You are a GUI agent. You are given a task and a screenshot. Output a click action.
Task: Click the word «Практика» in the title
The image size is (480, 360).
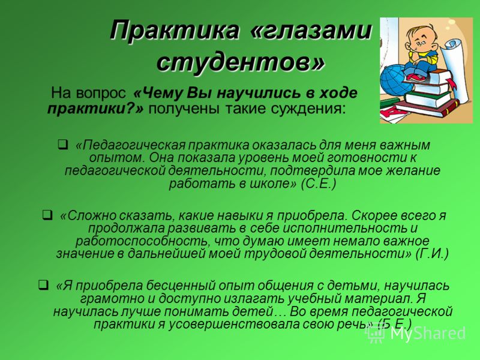click(175, 31)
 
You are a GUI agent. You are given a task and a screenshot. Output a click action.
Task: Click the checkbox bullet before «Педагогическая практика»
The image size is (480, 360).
click(64, 144)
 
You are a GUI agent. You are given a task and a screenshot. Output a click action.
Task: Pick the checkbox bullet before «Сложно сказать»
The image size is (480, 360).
click(47, 215)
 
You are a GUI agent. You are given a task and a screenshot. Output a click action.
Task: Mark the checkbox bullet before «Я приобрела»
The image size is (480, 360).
click(43, 285)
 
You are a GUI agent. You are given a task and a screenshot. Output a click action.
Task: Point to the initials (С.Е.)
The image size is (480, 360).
click(319, 184)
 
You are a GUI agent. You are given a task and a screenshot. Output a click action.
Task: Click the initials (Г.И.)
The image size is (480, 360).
click(432, 254)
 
